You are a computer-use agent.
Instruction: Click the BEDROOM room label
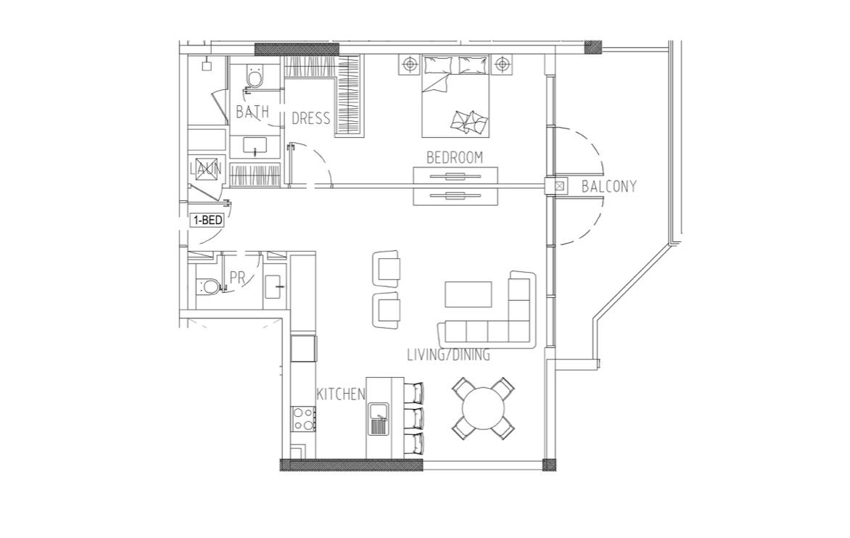[454, 157]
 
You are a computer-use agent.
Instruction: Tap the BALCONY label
[608, 186]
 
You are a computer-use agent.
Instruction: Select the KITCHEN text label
[341, 394]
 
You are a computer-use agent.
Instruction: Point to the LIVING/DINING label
[448, 355]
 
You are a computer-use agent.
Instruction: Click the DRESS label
[310, 118]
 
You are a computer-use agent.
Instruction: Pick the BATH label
[252, 112]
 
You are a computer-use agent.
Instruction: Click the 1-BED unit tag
[207, 220]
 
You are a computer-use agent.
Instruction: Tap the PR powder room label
[237, 278]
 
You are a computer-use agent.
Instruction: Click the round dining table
[483, 408]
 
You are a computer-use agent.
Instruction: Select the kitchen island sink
[379, 419]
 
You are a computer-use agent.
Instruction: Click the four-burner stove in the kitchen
[304, 419]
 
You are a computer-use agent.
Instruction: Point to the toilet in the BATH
[254, 76]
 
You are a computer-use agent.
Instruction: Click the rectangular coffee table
[469, 294]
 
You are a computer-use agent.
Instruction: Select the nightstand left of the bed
[410, 65]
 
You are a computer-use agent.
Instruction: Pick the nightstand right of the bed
[503, 65]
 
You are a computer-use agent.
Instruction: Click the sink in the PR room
[274, 286]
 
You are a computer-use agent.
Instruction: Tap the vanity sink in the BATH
[255, 146]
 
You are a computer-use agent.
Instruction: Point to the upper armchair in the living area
[387, 269]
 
